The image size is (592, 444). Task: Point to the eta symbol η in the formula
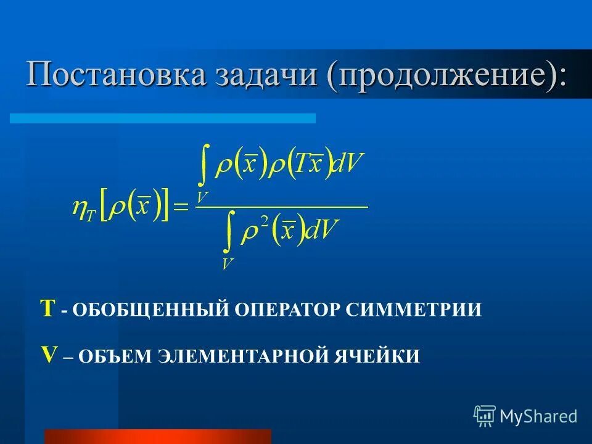(80, 208)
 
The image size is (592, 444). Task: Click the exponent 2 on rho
(265, 223)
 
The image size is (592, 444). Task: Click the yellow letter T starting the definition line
(48, 308)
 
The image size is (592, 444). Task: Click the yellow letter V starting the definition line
(49, 355)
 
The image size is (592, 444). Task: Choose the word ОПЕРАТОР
(285, 310)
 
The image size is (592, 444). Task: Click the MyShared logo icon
(485, 416)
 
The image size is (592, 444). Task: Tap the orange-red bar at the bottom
(157, 437)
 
